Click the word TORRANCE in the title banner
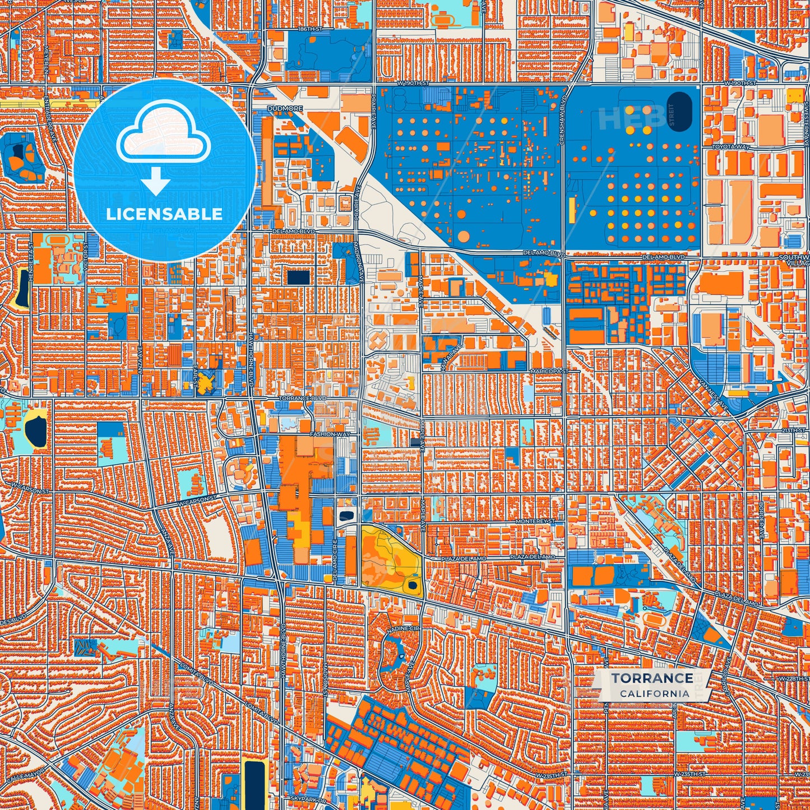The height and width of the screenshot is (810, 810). click(x=652, y=678)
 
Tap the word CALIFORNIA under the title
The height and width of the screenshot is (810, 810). click(x=654, y=693)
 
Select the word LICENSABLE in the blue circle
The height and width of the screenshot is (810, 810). click(x=164, y=214)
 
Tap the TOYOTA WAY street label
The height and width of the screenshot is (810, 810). click(x=730, y=147)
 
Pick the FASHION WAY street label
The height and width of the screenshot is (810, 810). click(x=330, y=434)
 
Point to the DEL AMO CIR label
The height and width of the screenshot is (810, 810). click(x=335, y=561)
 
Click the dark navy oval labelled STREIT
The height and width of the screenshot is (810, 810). click(x=680, y=112)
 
